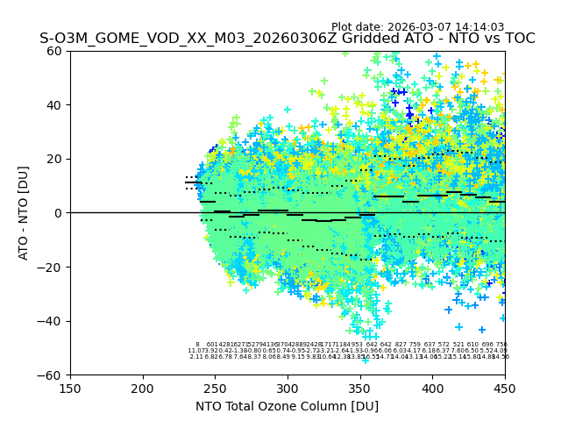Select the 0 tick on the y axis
point(59,213)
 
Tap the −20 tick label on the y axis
point(52,267)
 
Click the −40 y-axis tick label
point(52,321)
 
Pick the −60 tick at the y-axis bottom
point(52,375)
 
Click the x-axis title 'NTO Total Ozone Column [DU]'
point(287,406)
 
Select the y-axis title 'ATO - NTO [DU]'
point(25,213)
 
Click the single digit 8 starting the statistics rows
point(197,345)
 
